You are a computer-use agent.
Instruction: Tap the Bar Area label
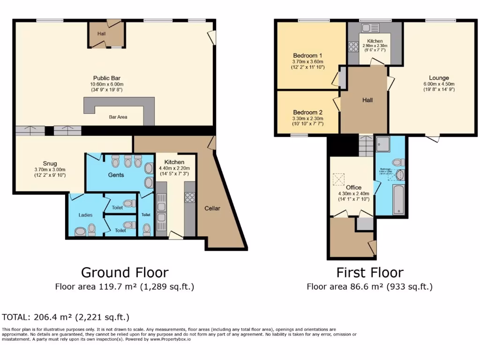118,117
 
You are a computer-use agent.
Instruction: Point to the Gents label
116,175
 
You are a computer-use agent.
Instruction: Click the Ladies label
85,215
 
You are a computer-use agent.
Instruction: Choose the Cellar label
212,208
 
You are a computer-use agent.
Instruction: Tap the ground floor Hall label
102,34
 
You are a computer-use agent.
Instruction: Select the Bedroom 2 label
307,112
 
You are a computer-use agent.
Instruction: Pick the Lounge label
439,78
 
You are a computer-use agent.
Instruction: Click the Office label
354,187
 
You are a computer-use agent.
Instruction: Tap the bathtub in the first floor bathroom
398,200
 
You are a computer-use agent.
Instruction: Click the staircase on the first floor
366,146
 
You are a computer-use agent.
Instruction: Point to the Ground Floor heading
125,272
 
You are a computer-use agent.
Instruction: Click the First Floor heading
370,272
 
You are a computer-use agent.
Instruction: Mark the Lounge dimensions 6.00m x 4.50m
439,84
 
